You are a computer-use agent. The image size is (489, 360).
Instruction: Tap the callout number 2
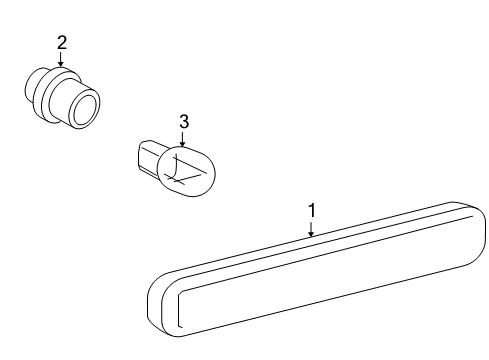tap(61, 42)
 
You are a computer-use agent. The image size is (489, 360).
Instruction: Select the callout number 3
tap(183, 121)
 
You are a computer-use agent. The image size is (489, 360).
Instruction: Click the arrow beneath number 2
tap(61, 59)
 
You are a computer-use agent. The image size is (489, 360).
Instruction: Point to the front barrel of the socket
tap(76, 102)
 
